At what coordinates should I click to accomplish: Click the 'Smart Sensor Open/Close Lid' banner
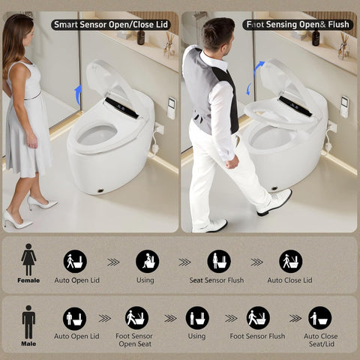click(111, 25)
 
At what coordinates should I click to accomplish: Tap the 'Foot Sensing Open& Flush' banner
click(298, 25)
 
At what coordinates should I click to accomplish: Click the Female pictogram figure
click(28, 259)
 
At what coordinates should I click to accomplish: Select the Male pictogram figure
click(28, 322)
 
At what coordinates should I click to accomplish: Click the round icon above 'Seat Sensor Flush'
click(219, 262)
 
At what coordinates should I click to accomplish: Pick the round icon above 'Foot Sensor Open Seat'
click(136, 318)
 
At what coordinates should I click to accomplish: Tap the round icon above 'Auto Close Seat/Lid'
click(320, 318)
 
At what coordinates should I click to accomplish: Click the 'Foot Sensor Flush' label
click(257, 336)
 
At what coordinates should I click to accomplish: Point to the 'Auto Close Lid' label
click(289, 280)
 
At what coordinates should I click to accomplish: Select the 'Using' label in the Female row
click(145, 280)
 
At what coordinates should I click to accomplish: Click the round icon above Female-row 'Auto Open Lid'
click(75, 262)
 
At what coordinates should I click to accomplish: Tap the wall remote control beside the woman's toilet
click(172, 108)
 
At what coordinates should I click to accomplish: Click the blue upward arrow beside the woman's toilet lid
click(78, 95)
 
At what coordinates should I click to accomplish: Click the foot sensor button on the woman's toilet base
click(100, 190)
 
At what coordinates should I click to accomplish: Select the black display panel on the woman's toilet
click(121, 108)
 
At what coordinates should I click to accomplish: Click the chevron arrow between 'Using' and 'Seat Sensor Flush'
click(184, 262)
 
